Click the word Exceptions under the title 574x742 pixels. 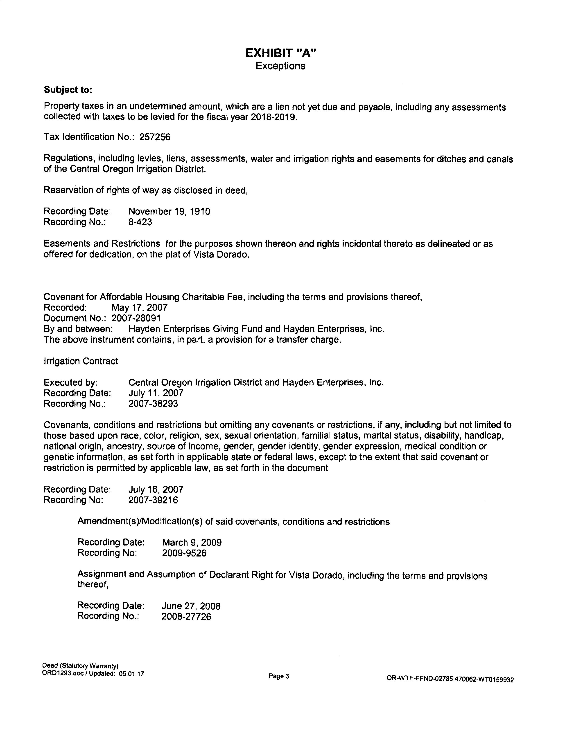pos(280,66)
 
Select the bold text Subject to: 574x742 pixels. pos(68,90)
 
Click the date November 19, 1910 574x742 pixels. pos(169,211)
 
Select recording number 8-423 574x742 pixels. pos(140,222)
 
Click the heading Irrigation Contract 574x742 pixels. pos(81,361)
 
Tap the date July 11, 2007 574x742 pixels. pos(156,393)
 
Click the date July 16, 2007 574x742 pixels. pos(156,489)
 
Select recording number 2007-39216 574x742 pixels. pos(153,500)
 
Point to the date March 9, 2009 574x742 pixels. pos(192,543)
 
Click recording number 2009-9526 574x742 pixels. pos(184,553)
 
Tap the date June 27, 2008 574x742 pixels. pos(191,606)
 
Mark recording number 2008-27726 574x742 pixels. pos(186,617)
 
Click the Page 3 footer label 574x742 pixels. pos(278,676)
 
